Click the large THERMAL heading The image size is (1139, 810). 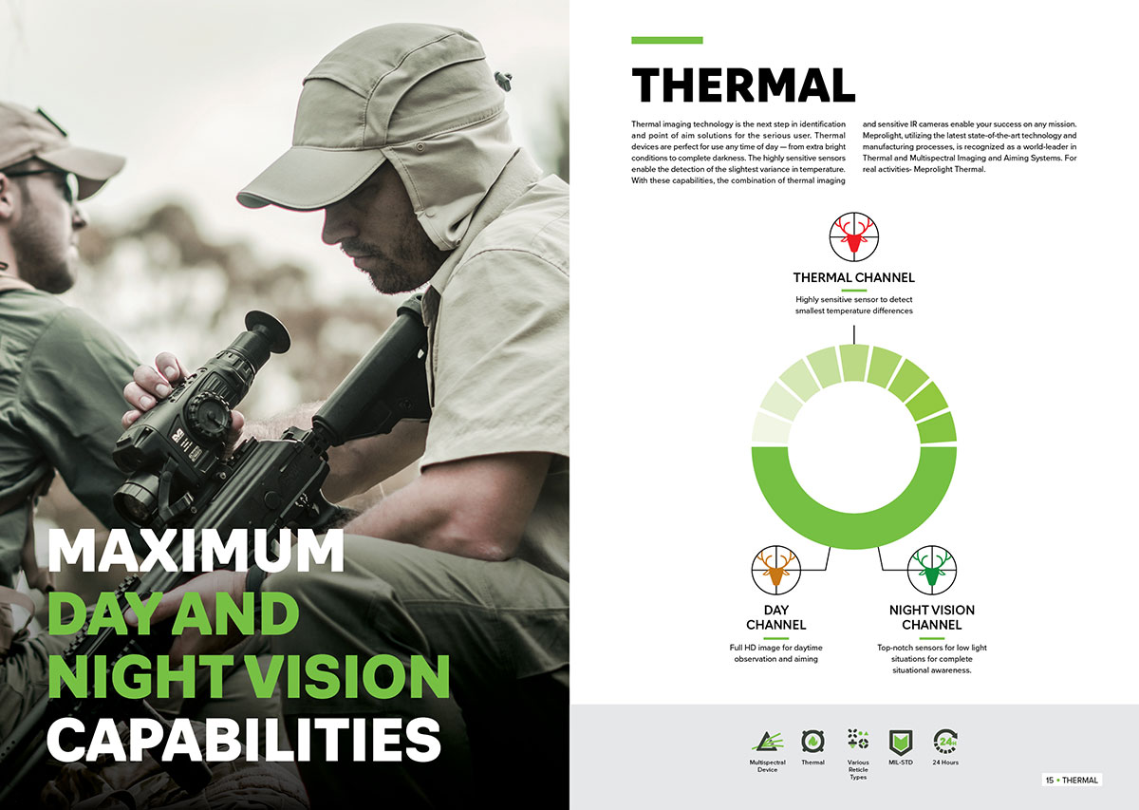click(743, 85)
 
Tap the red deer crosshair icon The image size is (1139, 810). click(853, 237)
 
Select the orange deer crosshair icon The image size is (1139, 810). click(776, 570)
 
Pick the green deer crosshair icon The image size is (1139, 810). click(931, 570)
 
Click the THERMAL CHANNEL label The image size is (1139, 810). click(853, 278)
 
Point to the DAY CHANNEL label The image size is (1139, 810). click(776, 617)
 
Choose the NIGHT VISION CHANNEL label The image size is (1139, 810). click(931, 617)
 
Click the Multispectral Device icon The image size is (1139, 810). click(767, 742)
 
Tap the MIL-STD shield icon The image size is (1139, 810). click(901, 743)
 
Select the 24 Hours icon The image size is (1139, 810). click(945, 742)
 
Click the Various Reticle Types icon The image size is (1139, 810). click(858, 740)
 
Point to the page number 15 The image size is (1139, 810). click(1050, 780)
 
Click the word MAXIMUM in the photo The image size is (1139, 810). click(196, 550)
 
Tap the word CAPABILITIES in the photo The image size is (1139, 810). click(244, 740)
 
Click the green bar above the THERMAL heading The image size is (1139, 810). click(667, 40)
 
